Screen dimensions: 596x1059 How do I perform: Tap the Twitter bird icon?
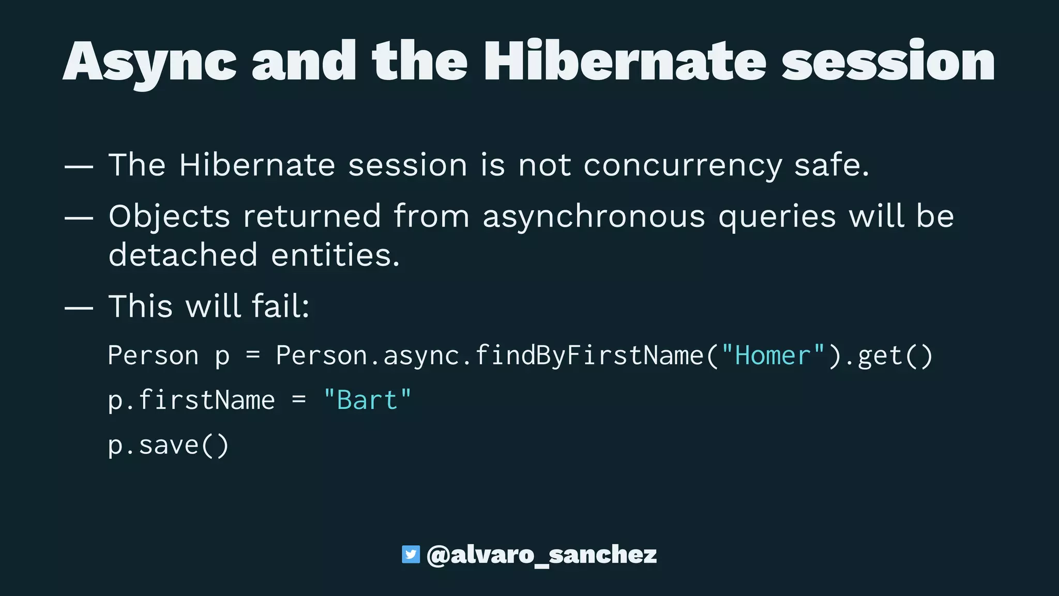(411, 555)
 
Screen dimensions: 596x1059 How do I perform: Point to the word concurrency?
(683, 166)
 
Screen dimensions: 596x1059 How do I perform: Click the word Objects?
(169, 216)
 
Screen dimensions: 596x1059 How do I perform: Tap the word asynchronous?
(594, 216)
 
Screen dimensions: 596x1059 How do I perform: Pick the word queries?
(777, 216)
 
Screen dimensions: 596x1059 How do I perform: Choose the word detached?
(183, 255)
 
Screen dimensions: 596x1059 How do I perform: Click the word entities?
(335, 255)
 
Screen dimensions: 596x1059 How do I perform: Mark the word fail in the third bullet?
(280, 306)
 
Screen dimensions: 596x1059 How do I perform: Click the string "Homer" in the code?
(773, 356)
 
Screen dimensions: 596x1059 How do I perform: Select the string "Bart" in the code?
(367, 400)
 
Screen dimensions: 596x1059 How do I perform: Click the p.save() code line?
(168, 445)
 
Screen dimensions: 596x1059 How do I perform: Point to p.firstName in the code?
(191, 400)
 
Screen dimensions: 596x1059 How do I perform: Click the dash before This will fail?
(79, 308)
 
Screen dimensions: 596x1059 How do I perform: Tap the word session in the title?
(888, 62)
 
